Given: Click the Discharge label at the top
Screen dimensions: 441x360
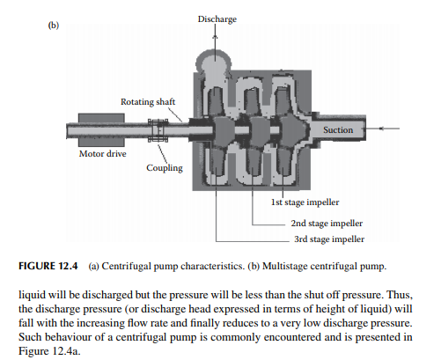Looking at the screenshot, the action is tap(217, 19).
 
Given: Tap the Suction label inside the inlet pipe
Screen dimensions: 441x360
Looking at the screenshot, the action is tap(338, 129).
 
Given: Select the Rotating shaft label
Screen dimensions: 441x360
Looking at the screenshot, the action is tap(148, 102).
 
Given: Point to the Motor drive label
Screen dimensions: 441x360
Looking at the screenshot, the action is tap(103, 154).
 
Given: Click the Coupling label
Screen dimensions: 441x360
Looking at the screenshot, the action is tap(165, 168).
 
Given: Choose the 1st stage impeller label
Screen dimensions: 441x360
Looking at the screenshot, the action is tap(305, 202).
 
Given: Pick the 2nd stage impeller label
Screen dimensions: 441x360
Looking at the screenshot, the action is tap(327, 224).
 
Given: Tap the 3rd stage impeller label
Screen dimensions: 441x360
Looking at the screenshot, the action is tap(329, 239).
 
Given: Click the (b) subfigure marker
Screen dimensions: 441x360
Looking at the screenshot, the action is tap(54, 26).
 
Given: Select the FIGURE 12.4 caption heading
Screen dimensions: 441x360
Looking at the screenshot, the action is tap(48, 266).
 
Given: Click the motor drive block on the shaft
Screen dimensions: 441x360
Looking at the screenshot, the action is tap(101, 130).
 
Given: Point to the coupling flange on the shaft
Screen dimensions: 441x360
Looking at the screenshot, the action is tap(158, 130).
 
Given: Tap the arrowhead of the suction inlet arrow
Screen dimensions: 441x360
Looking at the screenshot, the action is tap(381, 129).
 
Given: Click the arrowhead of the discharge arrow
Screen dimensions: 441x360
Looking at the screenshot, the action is tap(215, 37).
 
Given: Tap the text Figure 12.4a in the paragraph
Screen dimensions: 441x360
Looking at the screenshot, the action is tap(49, 351).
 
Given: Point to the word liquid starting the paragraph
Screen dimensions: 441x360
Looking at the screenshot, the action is tap(32, 295).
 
